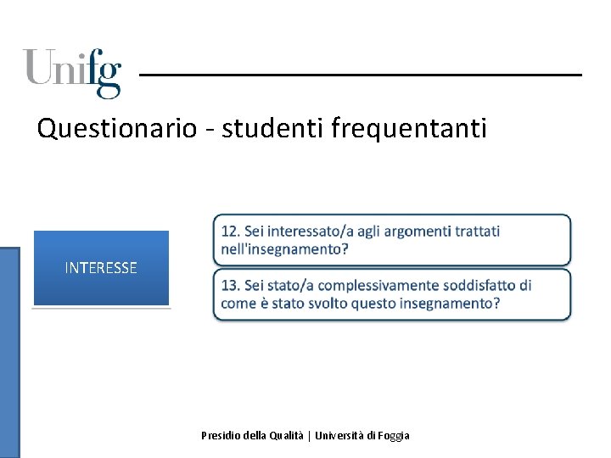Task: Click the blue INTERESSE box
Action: (x=101, y=268)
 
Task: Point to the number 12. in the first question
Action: (x=231, y=231)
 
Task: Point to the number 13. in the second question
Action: (x=231, y=285)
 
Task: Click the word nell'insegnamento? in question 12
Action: (x=284, y=249)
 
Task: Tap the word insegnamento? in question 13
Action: (x=450, y=303)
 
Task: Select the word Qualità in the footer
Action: (x=287, y=435)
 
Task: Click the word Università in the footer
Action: (x=339, y=435)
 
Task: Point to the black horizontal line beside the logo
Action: (x=361, y=75)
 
